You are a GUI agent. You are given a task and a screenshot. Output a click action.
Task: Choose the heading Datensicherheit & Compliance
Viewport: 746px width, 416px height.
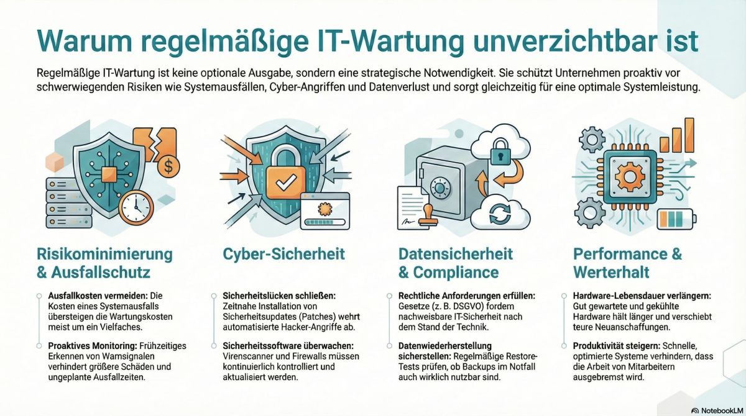455,263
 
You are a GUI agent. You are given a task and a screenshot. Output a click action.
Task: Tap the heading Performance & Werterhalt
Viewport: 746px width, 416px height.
627,263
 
